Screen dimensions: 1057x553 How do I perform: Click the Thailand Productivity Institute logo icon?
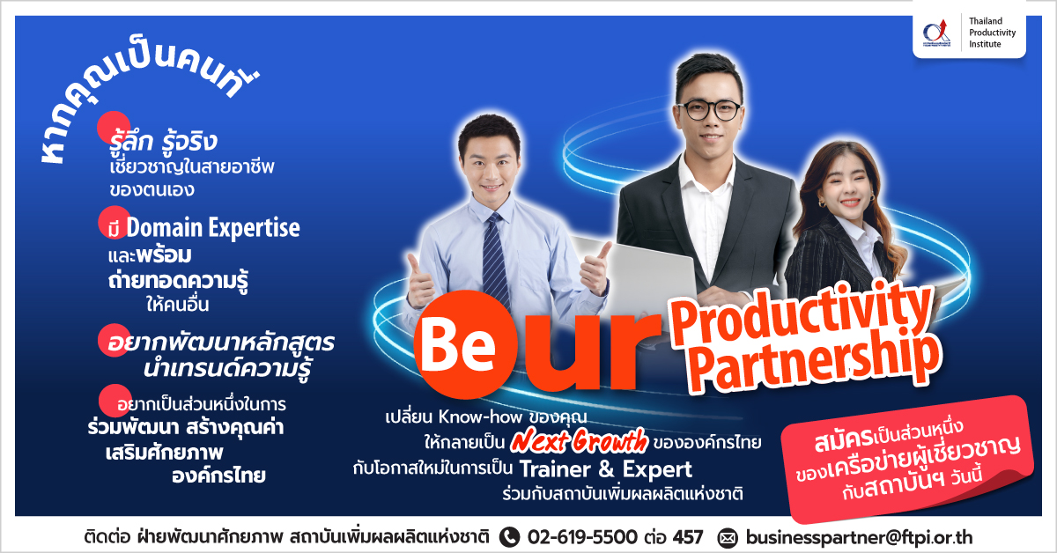click(x=936, y=33)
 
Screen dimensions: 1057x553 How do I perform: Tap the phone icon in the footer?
click(x=509, y=537)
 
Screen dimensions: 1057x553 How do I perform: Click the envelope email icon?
click(x=728, y=537)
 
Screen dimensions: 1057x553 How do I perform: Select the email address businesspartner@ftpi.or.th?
click(x=859, y=537)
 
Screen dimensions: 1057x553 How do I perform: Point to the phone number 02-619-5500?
click(x=582, y=537)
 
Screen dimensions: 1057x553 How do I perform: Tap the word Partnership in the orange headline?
click(x=816, y=363)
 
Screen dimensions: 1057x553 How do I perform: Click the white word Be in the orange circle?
click(x=458, y=344)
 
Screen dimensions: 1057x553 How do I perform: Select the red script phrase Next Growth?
click(x=579, y=440)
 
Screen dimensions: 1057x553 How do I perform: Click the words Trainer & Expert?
click(x=606, y=469)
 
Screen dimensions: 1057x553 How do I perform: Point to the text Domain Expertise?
click(x=213, y=227)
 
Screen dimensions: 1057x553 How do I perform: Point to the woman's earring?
click(x=822, y=203)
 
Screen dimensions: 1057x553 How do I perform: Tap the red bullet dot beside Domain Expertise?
click(x=115, y=222)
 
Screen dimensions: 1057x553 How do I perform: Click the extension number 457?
click(x=688, y=537)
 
